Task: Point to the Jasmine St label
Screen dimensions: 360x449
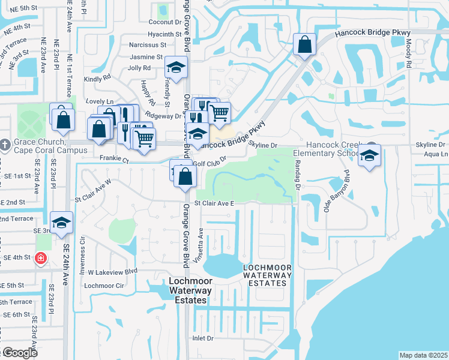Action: [147, 56]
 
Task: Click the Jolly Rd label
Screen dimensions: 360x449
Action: [139, 68]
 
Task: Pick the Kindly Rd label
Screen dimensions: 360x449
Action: [97, 78]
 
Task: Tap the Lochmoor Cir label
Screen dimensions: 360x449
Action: [104, 286]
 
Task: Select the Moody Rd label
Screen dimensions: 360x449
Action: [408, 53]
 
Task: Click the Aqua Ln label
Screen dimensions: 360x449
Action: [436, 154]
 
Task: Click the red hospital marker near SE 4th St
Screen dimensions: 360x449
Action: [40, 258]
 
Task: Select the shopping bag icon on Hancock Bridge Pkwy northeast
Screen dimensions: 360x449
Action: [304, 44]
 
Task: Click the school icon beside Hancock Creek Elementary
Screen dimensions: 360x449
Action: [370, 156]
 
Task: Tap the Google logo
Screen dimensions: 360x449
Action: [19, 353]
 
